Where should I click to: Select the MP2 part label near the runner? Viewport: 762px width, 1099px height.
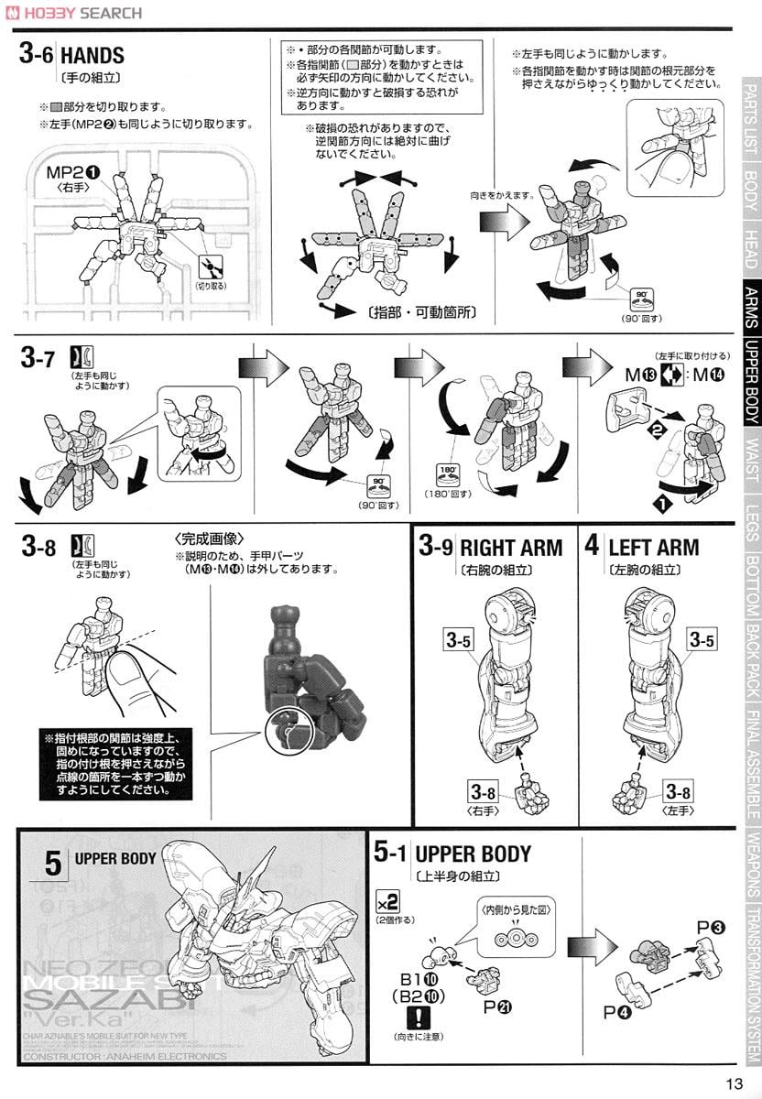tap(73, 172)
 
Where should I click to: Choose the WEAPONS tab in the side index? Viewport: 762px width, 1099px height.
tap(750, 865)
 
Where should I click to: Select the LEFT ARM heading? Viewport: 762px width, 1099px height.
tap(653, 548)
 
